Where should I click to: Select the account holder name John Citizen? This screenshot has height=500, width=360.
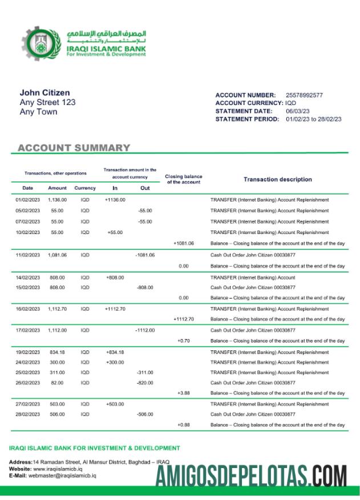tap(45, 92)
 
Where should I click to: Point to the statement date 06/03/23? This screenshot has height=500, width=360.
tap(297, 111)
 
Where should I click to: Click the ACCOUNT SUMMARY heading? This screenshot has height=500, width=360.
tap(74, 148)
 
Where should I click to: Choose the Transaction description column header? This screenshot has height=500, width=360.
tap(277, 179)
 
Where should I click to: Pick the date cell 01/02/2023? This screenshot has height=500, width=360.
tap(27, 200)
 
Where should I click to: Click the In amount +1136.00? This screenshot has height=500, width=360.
tap(115, 200)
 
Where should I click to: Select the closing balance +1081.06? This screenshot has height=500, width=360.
tap(183, 243)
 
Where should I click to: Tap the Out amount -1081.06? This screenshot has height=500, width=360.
tap(145, 255)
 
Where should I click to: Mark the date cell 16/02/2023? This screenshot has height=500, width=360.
tap(27, 308)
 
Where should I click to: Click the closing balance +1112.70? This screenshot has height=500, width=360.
tap(183, 319)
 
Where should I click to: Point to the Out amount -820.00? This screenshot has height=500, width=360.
tap(145, 383)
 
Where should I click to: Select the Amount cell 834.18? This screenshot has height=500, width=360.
tap(57, 352)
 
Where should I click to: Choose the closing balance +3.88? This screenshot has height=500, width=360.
tap(183, 393)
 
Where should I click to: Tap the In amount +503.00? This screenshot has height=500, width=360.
tap(115, 404)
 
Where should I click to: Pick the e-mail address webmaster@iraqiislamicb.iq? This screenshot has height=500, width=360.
tap(62, 475)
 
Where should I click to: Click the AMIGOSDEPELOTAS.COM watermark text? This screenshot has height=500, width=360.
tap(252, 475)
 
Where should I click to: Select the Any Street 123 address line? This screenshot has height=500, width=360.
tap(47, 102)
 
